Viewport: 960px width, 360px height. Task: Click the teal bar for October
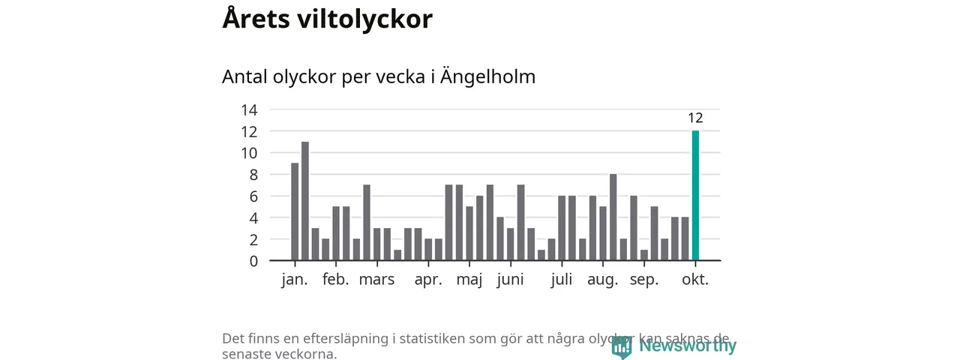pos(695,196)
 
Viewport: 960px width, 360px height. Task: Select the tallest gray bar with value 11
pos(304,201)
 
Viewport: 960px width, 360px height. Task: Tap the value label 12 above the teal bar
pos(695,118)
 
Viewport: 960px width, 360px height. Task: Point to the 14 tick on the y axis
pos(249,110)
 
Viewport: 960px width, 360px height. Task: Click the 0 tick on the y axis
pos(253,261)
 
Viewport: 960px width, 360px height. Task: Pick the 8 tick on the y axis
pos(253,175)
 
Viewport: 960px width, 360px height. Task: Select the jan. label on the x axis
pos(295,280)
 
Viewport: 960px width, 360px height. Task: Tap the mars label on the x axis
pos(376,280)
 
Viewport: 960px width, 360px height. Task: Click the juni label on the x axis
pos(510,280)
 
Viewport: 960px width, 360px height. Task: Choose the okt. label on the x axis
pos(695,280)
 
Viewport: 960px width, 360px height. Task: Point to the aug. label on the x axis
pos(602,280)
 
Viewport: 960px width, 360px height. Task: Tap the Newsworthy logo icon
pos(622,346)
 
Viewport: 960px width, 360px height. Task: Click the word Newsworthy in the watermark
pos(688,346)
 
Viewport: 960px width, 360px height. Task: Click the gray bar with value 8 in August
pos(613,217)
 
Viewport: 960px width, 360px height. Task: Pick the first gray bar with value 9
pos(295,212)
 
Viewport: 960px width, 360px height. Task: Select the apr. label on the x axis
pos(428,280)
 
